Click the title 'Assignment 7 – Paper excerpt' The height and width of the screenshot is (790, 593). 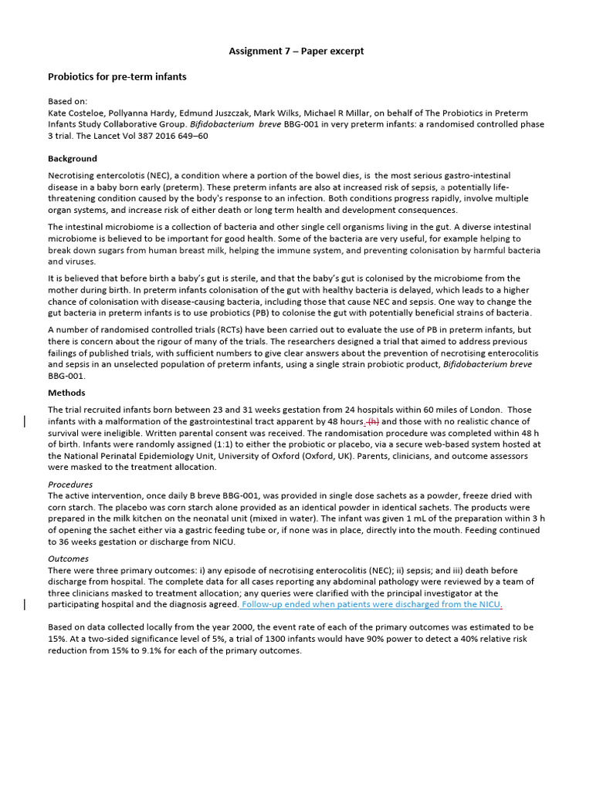pos(296,52)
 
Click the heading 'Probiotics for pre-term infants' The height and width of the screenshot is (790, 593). pos(117,77)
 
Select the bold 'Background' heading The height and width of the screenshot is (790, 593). pos(73,159)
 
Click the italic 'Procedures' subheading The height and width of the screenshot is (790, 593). pos(70,484)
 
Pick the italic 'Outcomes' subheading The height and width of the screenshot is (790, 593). pos(68,559)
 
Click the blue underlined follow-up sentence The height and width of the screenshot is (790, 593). pos(371,605)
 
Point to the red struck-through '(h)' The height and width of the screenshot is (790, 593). pos(374,421)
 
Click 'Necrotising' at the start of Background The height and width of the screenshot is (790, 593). pos(72,176)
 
